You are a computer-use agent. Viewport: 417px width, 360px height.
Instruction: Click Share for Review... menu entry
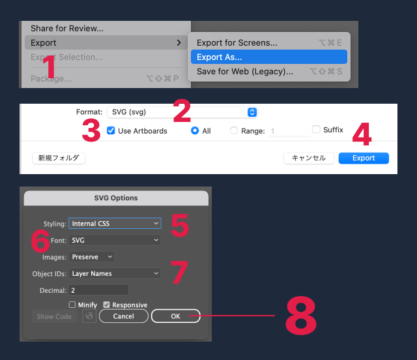[66, 28]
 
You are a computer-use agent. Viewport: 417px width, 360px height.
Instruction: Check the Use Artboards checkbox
[111, 131]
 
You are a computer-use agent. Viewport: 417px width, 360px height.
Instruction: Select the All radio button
[195, 131]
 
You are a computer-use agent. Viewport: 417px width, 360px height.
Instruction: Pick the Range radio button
[234, 131]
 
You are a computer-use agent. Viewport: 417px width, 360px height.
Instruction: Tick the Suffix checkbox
[317, 130]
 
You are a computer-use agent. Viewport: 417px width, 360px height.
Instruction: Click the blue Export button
[364, 158]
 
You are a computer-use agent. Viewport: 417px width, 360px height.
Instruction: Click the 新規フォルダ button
[59, 158]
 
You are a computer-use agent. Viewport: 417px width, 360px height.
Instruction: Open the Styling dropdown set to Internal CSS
[115, 224]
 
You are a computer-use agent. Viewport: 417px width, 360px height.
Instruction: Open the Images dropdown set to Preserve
[92, 257]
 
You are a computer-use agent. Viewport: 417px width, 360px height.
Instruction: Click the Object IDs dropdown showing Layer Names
[115, 273]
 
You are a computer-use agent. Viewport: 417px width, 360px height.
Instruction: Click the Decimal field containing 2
[98, 290]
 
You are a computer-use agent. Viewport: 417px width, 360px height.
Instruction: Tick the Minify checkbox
[72, 305]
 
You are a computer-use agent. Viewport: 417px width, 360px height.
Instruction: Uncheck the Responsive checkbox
[106, 305]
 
